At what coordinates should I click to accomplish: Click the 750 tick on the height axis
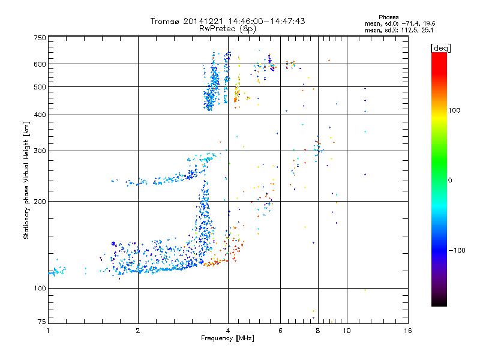(40, 38)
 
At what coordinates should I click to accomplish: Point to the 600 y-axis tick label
(40, 64)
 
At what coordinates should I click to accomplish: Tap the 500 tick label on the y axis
(40, 87)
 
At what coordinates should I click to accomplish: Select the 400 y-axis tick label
(40, 115)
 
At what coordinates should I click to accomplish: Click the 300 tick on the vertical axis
(40, 151)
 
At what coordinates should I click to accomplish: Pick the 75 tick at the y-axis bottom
(41, 322)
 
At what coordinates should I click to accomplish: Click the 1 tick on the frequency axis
(48, 330)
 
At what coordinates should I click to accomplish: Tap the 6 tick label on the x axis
(280, 330)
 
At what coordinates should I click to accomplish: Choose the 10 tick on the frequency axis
(346, 330)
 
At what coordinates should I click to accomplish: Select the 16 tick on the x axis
(407, 330)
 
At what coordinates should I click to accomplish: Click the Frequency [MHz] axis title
(227, 338)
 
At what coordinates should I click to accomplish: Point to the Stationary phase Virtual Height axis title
(26, 180)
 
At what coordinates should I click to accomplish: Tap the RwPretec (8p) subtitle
(227, 28)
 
